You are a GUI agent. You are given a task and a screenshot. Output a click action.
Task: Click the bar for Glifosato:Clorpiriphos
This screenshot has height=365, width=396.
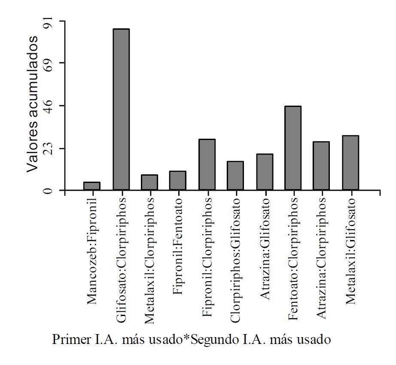pyautogui.click(x=121, y=109)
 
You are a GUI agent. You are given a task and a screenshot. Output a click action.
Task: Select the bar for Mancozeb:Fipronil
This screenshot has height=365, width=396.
pyautogui.click(x=92, y=186)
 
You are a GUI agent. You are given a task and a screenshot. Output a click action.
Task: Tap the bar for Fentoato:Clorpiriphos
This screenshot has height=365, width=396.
pyautogui.click(x=293, y=148)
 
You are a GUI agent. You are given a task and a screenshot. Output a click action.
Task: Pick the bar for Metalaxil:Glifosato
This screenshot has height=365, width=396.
pyautogui.click(x=350, y=163)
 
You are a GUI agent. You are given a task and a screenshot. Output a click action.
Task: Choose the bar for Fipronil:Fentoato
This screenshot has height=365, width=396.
pyautogui.click(x=178, y=181)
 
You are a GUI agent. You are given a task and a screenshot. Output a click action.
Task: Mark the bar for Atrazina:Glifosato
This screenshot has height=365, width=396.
pyautogui.click(x=265, y=172)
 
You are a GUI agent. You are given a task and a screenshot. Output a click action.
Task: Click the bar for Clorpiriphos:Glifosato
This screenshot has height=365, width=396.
pyautogui.click(x=235, y=176)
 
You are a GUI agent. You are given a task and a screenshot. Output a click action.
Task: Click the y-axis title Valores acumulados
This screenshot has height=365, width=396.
pyautogui.click(x=34, y=104)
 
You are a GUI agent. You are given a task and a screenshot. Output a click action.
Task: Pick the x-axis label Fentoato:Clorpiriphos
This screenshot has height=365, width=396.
pyautogui.click(x=293, y=259)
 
